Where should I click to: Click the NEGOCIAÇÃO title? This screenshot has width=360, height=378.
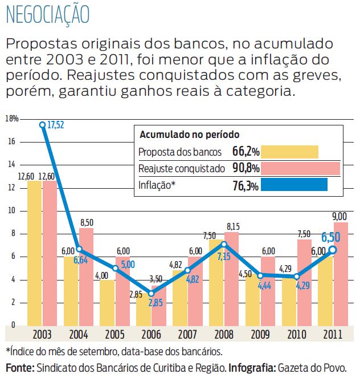pyautogui.click(x=48, y=15)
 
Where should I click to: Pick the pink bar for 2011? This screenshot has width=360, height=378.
pyautogui.click(x=341, y=274)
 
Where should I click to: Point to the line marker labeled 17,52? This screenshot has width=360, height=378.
pyautogui.click(x=42, y=124)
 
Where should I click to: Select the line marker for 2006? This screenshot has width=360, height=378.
pyautogui.click(x=151, y=294)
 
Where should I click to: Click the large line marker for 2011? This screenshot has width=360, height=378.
pyautogui.click(x=333, y=250)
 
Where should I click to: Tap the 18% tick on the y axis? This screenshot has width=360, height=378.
pyautogui.click(x=12, y=119)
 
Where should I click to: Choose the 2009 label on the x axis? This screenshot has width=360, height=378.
pyautogui.click(x=260, y=333)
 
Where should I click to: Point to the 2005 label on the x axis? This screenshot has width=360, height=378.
pyautogui.click(x=115, y=333)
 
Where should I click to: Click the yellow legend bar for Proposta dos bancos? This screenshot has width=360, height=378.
pyautogui.click(x=292, y=152)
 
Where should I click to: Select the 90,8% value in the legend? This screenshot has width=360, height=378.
pyautogui.click(x=246, y=169)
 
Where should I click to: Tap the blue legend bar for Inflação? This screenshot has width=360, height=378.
pyautogui.click(x=296, y=185)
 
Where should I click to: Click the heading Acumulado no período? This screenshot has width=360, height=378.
pyautogui.click(x=189, y=135)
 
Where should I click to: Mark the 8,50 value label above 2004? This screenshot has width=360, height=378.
pyautogui.click(x=87, y=222)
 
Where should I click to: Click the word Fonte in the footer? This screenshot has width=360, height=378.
pyautogui.click(x=19, y=368)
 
